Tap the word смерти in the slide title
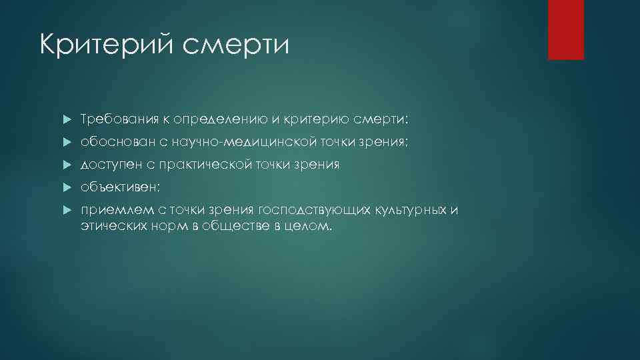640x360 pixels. (236, 46)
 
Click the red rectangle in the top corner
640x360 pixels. (565, 29)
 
